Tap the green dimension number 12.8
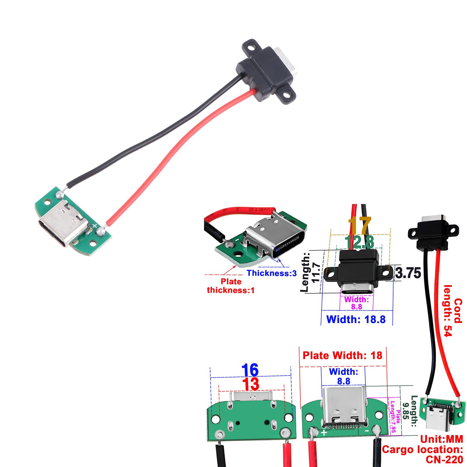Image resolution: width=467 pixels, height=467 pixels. point(359,242)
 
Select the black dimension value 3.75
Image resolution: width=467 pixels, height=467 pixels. point(408,273)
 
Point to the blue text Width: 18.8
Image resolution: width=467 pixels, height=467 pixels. point(356,319)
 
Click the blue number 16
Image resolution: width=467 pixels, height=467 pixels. point(250,370)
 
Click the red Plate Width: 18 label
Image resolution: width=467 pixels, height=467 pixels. point(342,355)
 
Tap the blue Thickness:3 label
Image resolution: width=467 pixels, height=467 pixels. point(272,273)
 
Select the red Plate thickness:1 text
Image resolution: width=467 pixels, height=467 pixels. point(231,286)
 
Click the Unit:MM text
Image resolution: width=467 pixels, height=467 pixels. point(442,439)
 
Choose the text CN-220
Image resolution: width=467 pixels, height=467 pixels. point(444,460)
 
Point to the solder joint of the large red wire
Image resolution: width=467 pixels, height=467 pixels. point(101,231)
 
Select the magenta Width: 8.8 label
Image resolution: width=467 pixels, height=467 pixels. point(356,303)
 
